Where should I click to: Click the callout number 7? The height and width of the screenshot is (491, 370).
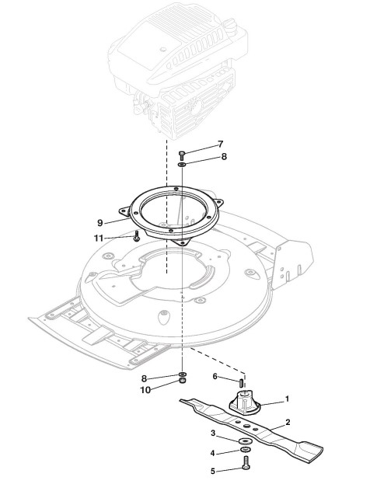click(x=221, y=145)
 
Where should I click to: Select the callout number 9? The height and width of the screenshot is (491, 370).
click(x=100, y=223)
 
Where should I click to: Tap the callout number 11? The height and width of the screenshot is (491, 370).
click(x=99, y=239)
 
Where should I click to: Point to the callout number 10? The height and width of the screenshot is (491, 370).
click(x=145, y=390)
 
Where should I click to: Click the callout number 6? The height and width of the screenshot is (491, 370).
click(x=215, y=376)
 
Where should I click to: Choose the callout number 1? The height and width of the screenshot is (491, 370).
click(x=287, y=399)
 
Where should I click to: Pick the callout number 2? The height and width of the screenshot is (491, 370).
click(x=288, y=422)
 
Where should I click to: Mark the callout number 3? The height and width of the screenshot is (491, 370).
click(x=213, y=434)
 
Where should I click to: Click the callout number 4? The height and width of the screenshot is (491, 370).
click(x=212, y=453)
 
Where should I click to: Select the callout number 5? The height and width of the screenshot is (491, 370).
click(x=213, y=472)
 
